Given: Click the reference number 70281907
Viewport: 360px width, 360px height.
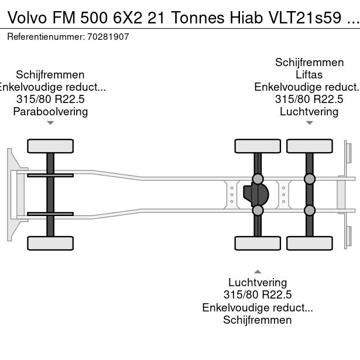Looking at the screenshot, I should click(109, 36).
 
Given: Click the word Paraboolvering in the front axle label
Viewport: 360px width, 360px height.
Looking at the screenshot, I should click(50, 111).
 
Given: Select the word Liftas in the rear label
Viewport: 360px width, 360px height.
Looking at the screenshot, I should click(309, 74).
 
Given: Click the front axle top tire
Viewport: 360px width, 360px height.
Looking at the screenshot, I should click(50, 146).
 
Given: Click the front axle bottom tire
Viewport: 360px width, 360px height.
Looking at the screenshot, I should click(50, 243).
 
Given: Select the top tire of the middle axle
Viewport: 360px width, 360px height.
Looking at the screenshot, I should click(257, 146).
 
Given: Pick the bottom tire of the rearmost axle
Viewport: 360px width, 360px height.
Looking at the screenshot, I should click(310, 243).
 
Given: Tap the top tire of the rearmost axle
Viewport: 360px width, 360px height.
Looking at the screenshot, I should click(310, 146).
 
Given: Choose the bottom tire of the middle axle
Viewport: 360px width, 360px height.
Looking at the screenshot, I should click(257, 243).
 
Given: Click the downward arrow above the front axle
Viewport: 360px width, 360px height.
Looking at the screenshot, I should click(50, 123).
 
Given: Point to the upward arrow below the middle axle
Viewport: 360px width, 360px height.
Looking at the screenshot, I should click(257, 271).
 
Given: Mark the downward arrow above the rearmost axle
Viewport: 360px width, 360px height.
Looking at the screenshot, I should click(309, 123).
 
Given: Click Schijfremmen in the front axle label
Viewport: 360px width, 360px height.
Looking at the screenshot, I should click(50, 74).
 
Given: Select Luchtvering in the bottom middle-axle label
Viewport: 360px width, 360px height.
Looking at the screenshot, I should click(257, 282).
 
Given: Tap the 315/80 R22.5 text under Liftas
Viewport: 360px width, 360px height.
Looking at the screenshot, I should click(309, 99).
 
